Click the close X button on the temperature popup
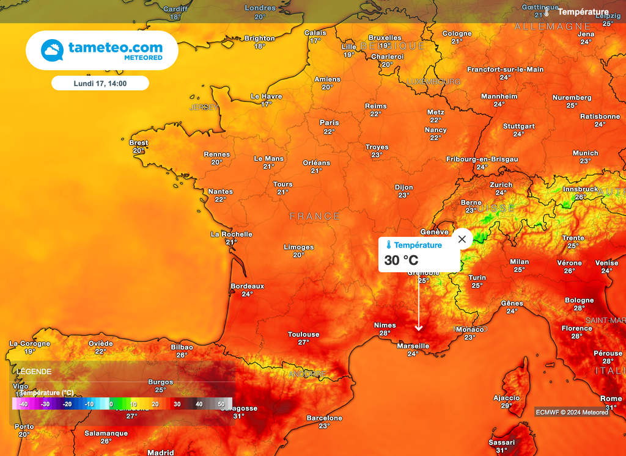pyautogui.click(x=462, y=239)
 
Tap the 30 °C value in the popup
pyautogui.click(x=401, y=261)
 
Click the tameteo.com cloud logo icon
pyautogui.click(x=53, y=50)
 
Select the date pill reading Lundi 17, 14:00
pyautogui.click(x=100, y=83)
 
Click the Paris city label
pyautogui.click(x=329, y=123)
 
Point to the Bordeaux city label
pyautogui.click(x=247, y=286)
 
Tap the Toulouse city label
pyautogui.click(x=304, y=335)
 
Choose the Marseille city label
pyautogui.click(x=413, y=346)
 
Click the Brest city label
pyautogui.click(x=139, y=143)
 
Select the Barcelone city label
pyautogui.click(x=325, y=418)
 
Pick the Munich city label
pyautogui.click(x=585, y=153)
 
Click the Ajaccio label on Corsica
pyautogui.click(x=506, y=398)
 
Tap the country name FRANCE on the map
pyautogui.click(x=314, y=216)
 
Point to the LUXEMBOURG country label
pyautogui.click(x=433, y=82)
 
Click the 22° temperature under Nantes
pyautogui.click(x=221, y=200)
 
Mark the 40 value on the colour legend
pyautogui.click(x=199, y=404)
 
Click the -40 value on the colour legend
pyautogui.click(x=23, y=404)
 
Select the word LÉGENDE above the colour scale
pyautogui.click(x=34, y=371)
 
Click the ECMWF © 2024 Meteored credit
pyautogui.click(x=572, y=412)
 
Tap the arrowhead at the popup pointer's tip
pyautogui.click(x=419, y=329)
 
